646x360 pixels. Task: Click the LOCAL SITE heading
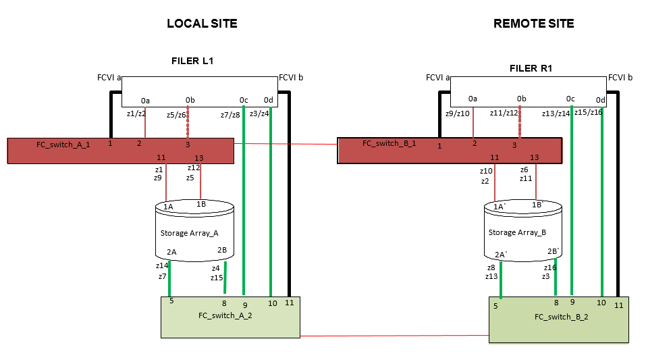(x=202, y=24)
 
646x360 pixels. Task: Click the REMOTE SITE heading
(x=533, y=24)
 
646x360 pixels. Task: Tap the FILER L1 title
(x=192, y=61)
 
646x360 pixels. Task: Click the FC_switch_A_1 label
(x=63, y=144)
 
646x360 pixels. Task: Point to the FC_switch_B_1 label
(x=389, y=143)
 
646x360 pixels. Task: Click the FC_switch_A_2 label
(x=225, y=315)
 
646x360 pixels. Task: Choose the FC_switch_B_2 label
(x=561, y=316)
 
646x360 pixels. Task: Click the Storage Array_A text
(x=189, y=233)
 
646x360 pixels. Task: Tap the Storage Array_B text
(x=517, y=232)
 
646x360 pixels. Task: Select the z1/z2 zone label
(x=136, y=113)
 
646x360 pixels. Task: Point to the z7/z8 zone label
(x=230, y=115)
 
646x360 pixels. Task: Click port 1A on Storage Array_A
(x=168, y=206)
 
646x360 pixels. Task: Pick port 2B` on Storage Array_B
(x=554, y=252)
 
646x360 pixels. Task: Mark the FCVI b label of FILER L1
(x=291, y=78)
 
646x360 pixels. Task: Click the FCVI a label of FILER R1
(x=438, y=78)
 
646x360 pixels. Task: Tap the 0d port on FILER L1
(x=268, y=101)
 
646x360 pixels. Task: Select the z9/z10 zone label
(x=458, y=113)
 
